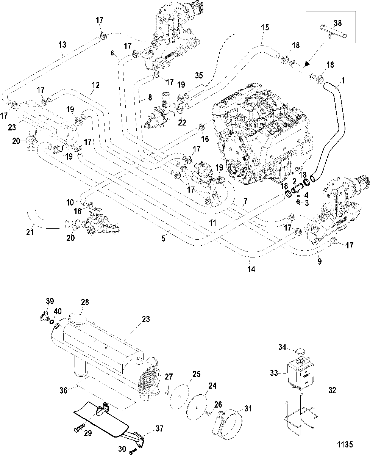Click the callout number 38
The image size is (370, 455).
point(337,23)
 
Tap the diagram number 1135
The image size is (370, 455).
point(345,444)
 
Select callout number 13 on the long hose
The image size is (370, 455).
point(62,45)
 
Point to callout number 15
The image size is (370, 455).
point(265,28)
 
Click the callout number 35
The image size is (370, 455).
point(199,75)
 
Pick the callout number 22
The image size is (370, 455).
point(182,122)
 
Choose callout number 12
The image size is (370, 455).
point(95,85)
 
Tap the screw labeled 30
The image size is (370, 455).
point(132,452)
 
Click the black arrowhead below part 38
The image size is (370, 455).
point(307,64)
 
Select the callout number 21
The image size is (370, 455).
point(30,232)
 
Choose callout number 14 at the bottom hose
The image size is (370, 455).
point(251,269)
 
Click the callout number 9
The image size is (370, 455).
point(320,261)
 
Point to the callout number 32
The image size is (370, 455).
point(332,390)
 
